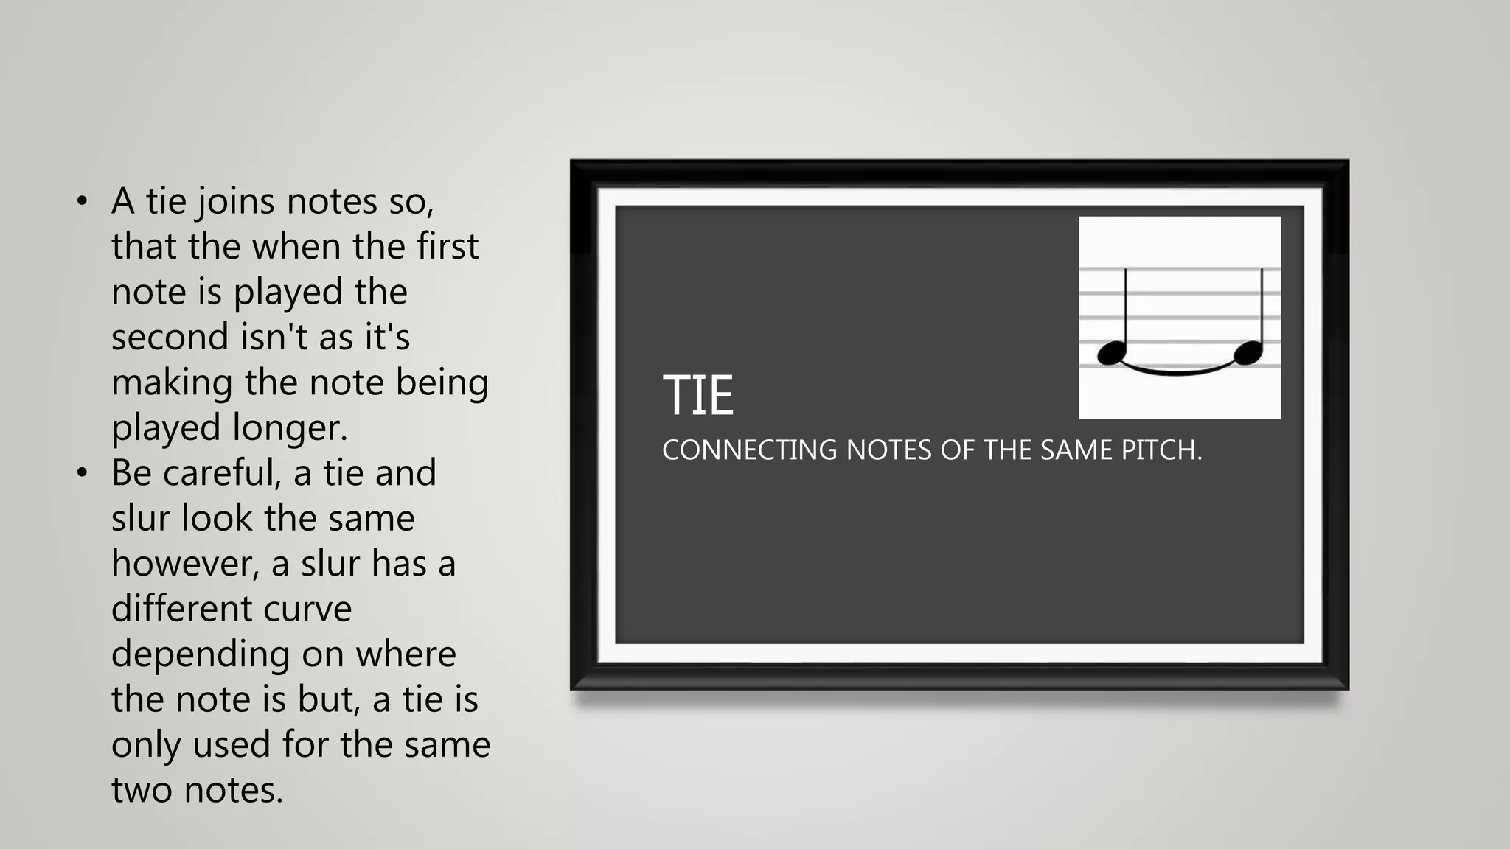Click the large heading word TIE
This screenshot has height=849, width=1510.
pos(697,395)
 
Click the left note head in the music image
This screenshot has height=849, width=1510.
pos(1112,353)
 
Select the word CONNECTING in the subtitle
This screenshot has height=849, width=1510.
pos(749,450)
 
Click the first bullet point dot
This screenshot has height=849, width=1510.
pos(82,201)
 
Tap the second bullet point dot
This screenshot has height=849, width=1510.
pos(82,472)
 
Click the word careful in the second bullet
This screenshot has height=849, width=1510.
pos(222,473)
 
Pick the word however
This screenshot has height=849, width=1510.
pos(185,564)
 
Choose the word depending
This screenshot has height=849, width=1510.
pos(200,654)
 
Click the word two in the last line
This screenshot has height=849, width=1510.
pos(142,790)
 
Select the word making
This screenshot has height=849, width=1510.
pos(172,383)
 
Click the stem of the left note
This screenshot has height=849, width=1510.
pos(1126,310)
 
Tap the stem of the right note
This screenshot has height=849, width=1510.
pos(1262,310)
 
